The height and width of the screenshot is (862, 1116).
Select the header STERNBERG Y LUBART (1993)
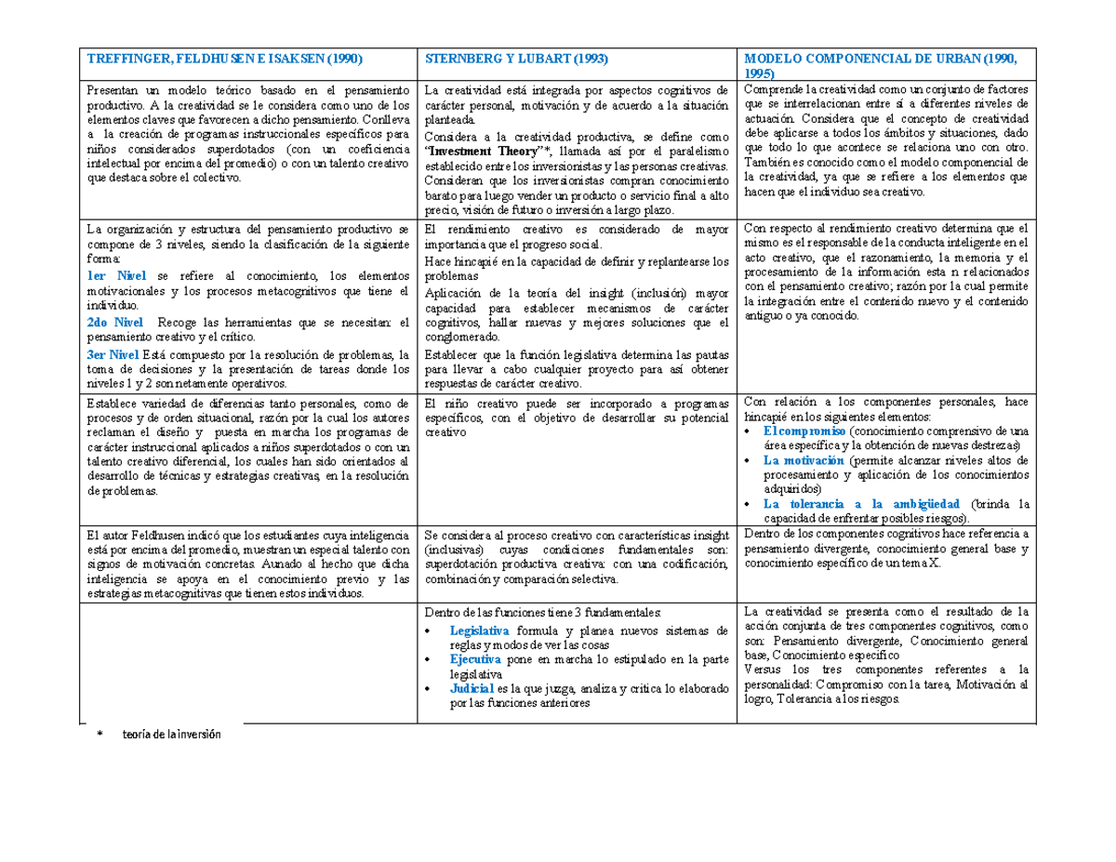tap(516, 57)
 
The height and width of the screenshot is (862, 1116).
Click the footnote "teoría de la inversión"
tap(174, 735)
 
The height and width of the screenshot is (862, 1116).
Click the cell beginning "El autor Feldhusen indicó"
tap(249, 565)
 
